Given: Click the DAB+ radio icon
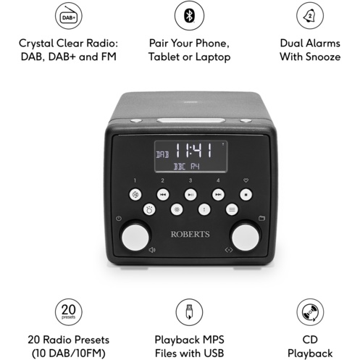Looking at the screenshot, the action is [69, 16].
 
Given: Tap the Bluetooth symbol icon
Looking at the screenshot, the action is [189, 16].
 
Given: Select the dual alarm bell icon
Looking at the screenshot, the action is [310, 16].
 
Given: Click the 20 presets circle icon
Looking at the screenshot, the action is [69, 312].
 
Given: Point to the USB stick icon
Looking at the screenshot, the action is [189, 312].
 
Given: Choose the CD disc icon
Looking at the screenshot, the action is [310, 312].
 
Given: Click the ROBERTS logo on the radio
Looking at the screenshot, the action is [191, 234].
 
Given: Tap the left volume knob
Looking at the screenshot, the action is [135, 238].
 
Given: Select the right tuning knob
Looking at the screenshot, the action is [246, 238].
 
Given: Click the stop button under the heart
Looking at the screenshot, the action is [246, 195].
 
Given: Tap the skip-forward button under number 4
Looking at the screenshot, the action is [218, 195].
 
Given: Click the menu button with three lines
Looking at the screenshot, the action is [232, 209].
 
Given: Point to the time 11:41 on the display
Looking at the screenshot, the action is [193, 151].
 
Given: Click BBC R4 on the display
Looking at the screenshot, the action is [187, 167].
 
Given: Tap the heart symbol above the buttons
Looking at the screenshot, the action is [246, 180].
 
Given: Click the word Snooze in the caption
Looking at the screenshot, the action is [323, 56].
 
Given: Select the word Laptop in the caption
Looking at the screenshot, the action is [213, 57].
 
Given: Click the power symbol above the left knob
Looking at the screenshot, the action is [119, 219].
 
